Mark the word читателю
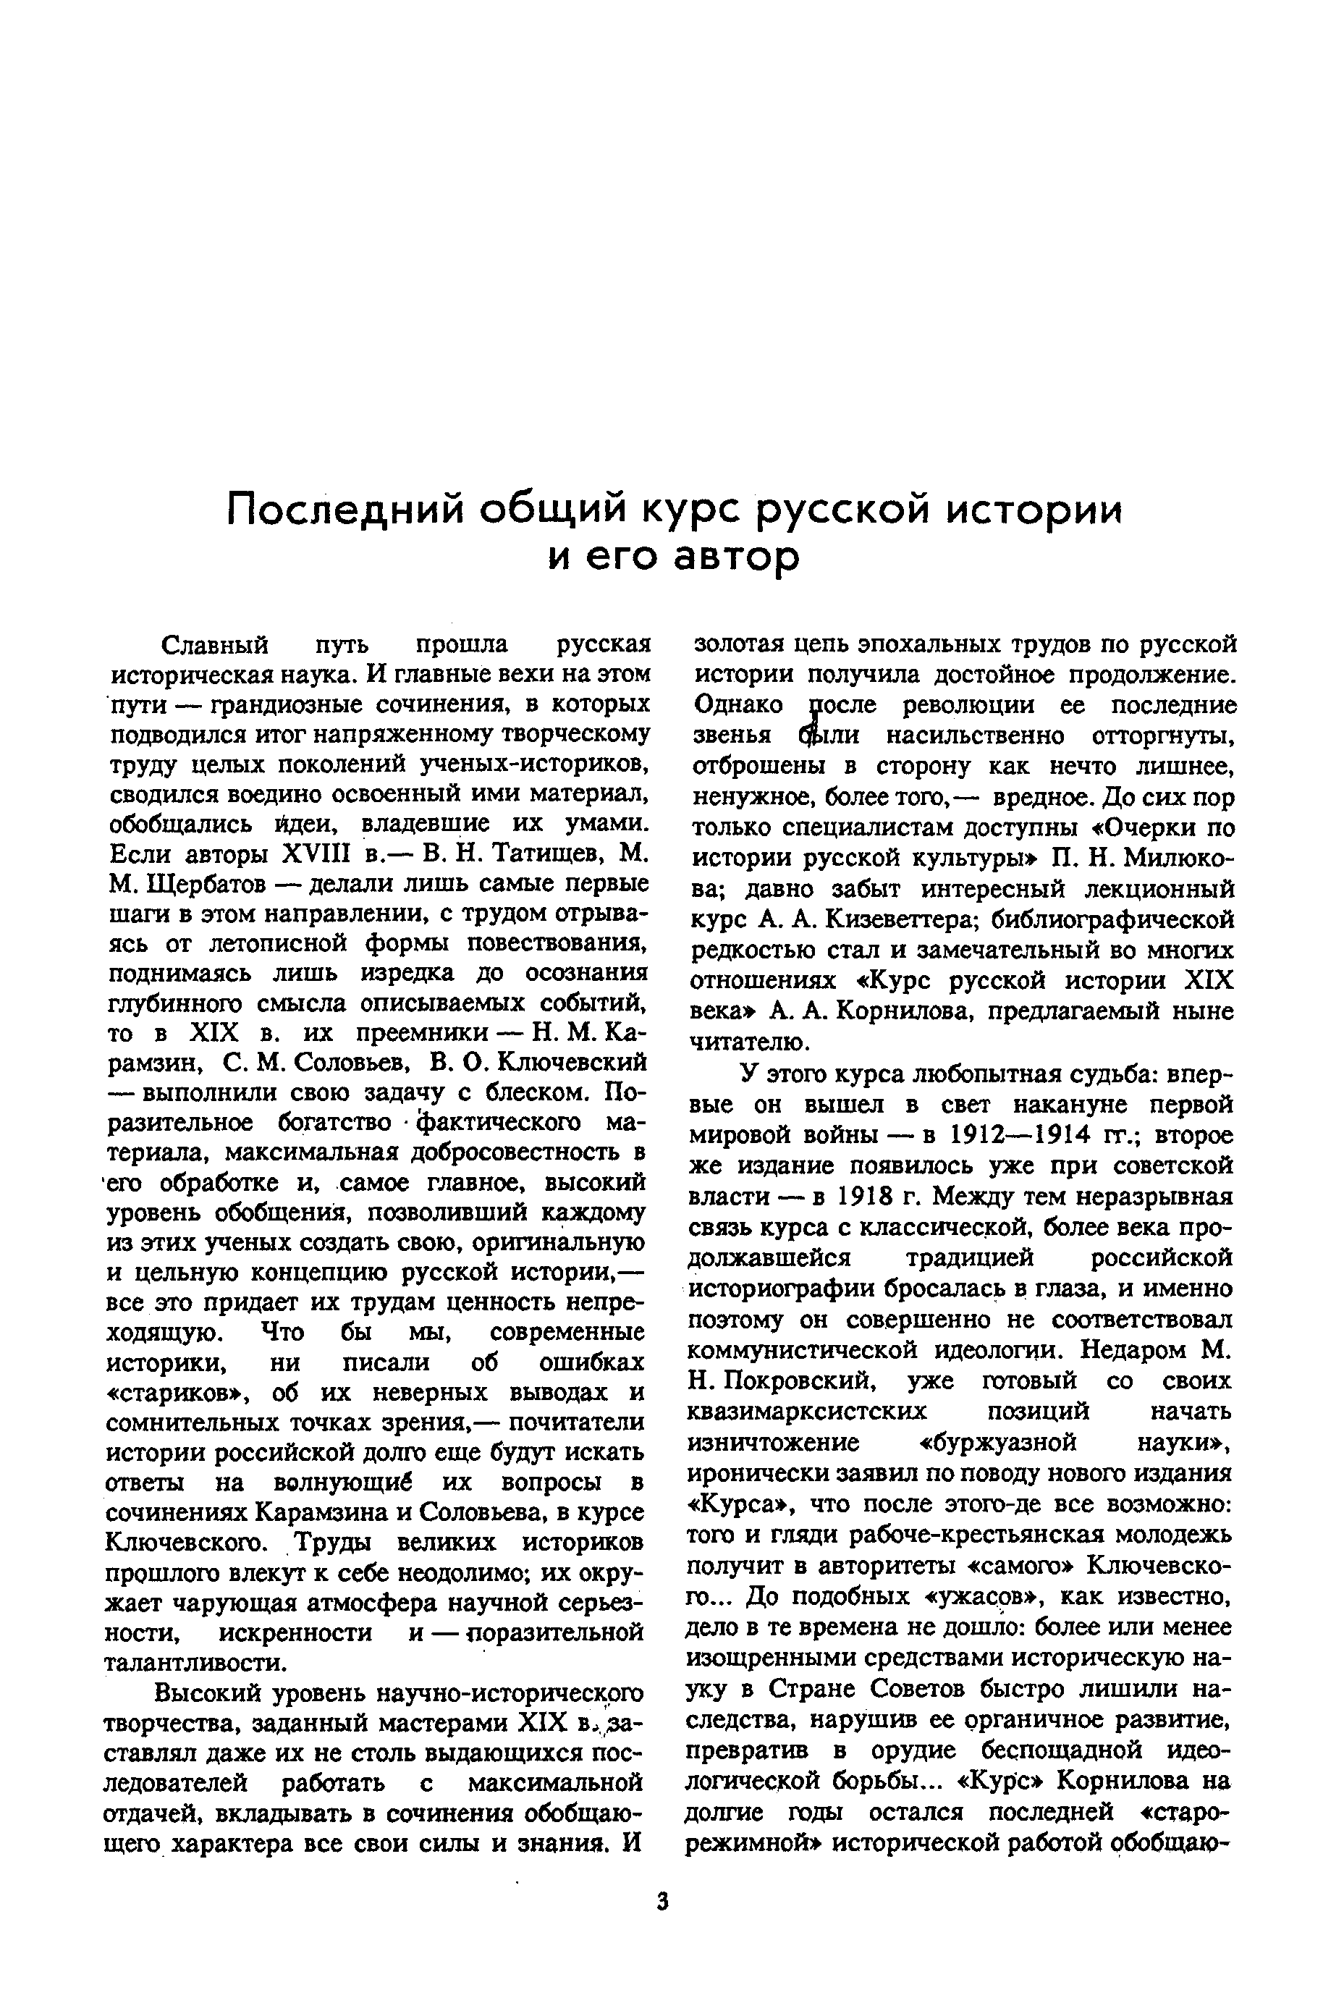(749, 1042)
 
